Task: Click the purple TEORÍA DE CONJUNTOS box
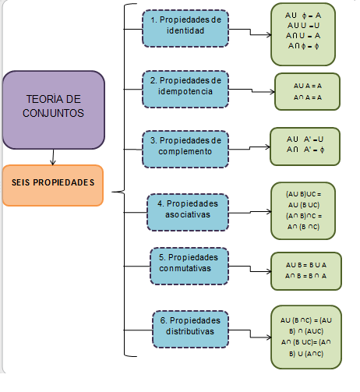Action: (x=54, y=109)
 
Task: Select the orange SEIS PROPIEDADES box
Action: (x=53, y=185)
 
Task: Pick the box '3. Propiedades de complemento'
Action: (x=185, y=146)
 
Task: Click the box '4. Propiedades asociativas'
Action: (x=188, y=209)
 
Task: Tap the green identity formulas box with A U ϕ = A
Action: (x=306, y=34)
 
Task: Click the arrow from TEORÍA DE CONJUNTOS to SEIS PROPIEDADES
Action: (x=52, y=156)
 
